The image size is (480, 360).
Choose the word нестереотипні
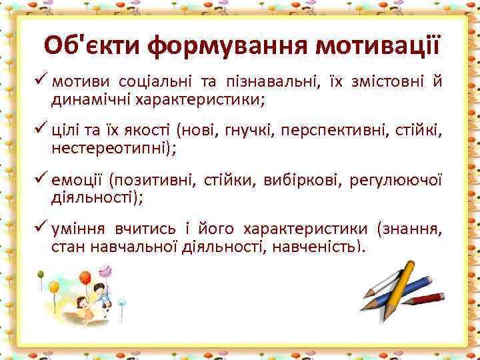point(113,149)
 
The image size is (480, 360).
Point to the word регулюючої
point(401,181)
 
